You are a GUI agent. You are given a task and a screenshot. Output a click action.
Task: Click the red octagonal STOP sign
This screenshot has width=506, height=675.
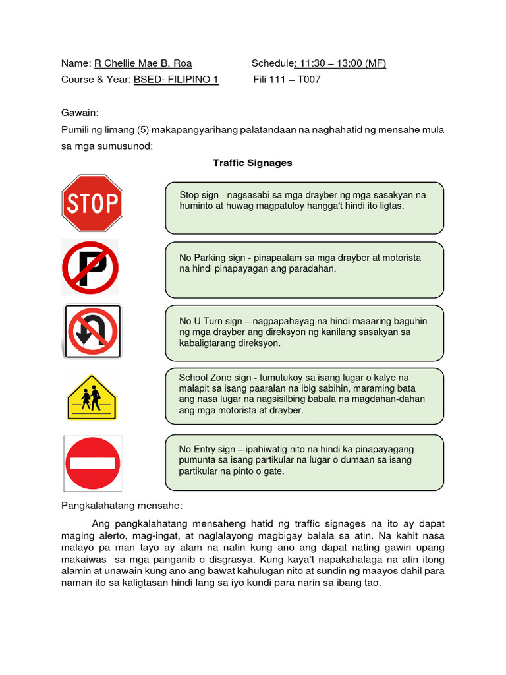[x=92, y=203]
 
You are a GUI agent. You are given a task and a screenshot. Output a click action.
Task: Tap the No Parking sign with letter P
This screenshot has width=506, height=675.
[x=90, y=268]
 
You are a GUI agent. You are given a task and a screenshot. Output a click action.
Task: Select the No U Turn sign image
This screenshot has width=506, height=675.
[x=92, y=331]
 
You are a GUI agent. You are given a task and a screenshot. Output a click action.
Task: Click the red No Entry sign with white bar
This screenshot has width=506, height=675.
[x=92, y=463]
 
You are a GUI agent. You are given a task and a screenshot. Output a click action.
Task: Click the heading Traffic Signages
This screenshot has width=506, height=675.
[x=252, y=163]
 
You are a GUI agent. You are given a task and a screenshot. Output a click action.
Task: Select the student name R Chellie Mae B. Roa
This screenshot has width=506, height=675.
[x=143, y=63]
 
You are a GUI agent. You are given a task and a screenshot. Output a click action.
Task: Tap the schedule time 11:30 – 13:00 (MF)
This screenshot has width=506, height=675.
[x=341, y=63]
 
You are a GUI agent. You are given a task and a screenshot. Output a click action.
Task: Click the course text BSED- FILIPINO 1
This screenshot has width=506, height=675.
[x=176, y=80]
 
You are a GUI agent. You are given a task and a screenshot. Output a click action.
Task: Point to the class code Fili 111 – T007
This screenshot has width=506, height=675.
[x=287, y=80]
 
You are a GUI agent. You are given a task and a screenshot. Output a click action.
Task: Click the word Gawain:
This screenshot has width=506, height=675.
[x=80, y=113]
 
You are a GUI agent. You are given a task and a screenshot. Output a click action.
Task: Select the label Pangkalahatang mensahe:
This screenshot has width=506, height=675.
[x=121, y=506]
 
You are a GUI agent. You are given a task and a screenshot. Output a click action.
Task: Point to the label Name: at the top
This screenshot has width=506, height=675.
[x=75, y=63]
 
